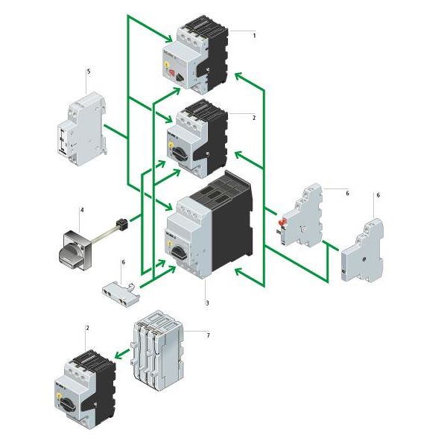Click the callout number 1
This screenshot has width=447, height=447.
click(x=254, y=35)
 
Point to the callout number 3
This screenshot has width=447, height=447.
click(x=206, y=303)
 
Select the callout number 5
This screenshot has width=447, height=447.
click(x=88, y=72)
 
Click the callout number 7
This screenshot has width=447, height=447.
click(x=208, y=335)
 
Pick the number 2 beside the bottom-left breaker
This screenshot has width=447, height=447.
click(x=87, y=329)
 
